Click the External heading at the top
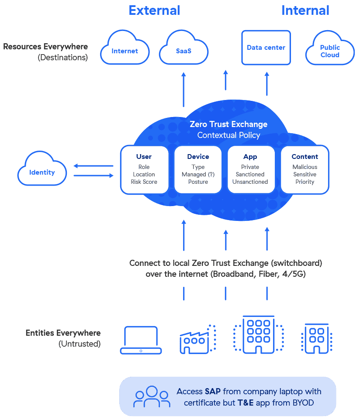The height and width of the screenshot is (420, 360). (154, 10)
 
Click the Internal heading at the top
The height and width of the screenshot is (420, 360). (305, 10)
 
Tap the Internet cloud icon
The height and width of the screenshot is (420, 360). (125, 51)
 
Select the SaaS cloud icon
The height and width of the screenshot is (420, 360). (183, 51)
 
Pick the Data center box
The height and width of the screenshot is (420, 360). (266, 47)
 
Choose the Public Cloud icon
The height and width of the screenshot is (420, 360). (330, 51)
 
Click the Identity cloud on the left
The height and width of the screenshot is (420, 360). (42, 172)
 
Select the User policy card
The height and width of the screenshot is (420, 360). (144, 169)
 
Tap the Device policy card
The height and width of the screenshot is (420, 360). (198, 169)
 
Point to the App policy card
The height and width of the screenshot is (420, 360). (250, 169)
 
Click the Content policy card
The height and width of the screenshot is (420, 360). (305, 169)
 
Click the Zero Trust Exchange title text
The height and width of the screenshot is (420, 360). (228, 124)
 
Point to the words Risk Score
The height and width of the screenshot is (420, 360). (144, 182)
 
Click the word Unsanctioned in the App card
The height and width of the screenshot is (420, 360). (250, 182)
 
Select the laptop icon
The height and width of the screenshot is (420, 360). (141, 340)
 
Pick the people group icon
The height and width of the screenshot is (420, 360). (152, 396)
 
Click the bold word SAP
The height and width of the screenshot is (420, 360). (213, 391)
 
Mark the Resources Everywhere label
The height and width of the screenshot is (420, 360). (45, 47)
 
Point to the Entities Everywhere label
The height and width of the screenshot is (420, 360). (63, 333)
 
